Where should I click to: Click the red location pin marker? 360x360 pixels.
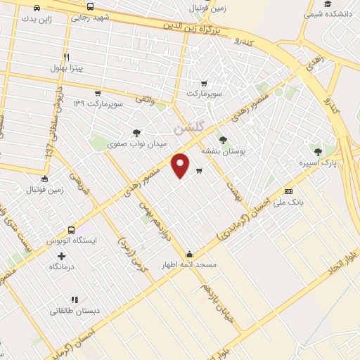181,165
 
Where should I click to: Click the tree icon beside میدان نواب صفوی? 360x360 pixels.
136,133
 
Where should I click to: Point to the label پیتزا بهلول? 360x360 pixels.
67,68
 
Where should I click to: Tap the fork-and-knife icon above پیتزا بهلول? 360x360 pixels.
66,57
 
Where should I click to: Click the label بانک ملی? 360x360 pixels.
289,202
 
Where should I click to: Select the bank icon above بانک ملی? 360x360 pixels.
288,191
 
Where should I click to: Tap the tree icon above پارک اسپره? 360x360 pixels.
318,151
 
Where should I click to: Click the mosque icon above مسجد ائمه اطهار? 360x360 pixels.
188,255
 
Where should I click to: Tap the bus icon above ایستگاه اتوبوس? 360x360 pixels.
71,230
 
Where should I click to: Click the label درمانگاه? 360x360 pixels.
62,267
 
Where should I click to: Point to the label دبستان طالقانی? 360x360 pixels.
75,310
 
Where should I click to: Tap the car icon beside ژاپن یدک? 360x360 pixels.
36,8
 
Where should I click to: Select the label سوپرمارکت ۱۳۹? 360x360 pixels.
98,103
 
